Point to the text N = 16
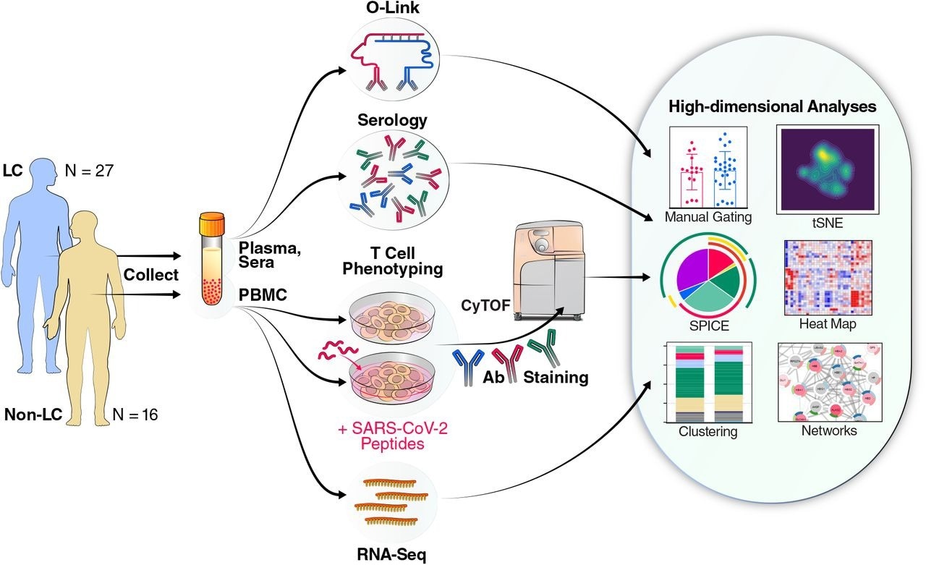135,415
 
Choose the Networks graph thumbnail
828,382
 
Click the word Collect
150,276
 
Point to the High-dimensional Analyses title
772,107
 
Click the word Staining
556,378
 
